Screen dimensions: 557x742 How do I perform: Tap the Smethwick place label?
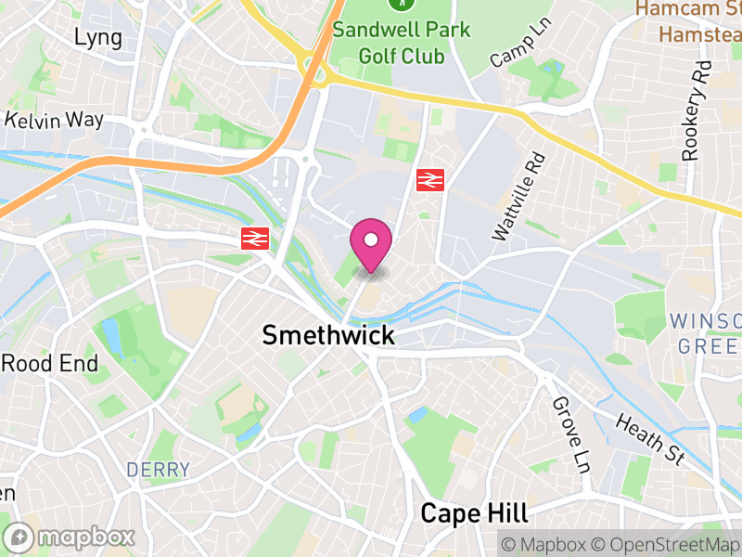click(x=328, y=335)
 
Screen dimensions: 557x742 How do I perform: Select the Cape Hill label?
click(x=474, y=512)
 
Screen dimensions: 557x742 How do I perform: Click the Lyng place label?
click(x=98, y=37)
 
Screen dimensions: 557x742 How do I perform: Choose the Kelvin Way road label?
click(x=55, y=120)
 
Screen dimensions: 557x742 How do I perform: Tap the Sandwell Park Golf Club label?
click(x=402, y=42)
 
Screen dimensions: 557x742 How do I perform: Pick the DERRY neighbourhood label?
click(x=158, y=470)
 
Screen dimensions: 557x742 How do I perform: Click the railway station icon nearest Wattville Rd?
click(x=428, y=179)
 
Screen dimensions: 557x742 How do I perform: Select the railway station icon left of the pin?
click(x=253, y=239)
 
